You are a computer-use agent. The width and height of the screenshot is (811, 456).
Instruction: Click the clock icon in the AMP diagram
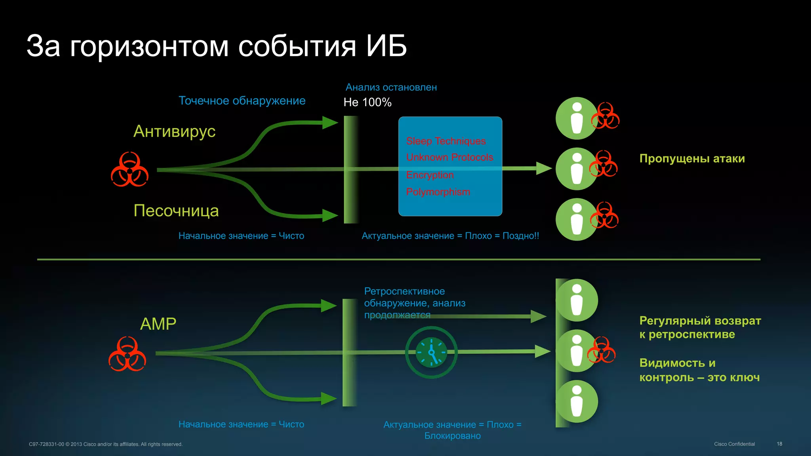(431, 352)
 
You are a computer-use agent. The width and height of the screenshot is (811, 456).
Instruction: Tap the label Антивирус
(174, 131)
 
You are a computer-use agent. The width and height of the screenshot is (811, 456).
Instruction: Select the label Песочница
(176, 211)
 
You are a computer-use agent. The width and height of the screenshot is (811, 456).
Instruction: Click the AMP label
(158, 324)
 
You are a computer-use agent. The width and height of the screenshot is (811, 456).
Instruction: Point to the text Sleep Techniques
(446, 141)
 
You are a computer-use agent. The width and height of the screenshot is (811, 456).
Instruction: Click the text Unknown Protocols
(449, 158)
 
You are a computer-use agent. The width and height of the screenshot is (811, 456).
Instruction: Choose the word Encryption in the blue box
(430, 175)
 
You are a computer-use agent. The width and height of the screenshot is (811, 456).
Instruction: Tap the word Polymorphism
(438, 192)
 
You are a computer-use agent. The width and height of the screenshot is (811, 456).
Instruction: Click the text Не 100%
(367, 103)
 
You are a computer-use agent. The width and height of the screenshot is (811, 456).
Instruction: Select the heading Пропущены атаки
(692, 159)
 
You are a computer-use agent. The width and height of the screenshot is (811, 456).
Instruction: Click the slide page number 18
(779, 444)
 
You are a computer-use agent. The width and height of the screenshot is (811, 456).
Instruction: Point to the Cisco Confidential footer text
(734, 444)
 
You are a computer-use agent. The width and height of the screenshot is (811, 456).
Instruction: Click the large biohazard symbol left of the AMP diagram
(127, 354)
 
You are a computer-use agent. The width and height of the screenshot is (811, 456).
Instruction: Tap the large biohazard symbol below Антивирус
(129, 169)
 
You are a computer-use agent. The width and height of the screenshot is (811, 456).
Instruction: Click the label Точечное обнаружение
(242, 101)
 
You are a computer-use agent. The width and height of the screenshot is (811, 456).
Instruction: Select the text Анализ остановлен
(391, 87)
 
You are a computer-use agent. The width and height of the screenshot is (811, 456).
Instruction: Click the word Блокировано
(452, 436)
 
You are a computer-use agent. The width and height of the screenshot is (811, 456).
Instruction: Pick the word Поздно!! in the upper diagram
(520, 236)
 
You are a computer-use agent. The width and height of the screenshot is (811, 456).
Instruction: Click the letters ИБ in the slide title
(386, 46)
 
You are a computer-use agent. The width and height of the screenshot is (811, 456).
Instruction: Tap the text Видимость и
(677, 363)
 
